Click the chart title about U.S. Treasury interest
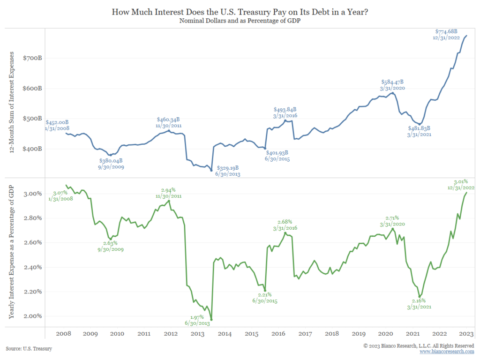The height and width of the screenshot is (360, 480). point(240,12)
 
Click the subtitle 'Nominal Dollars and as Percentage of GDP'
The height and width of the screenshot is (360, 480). point(240,21)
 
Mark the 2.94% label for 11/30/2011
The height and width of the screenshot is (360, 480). point(168,190)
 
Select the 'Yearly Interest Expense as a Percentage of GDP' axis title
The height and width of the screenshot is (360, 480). point(12,252)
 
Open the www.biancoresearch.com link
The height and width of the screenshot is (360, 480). point(447,352)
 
